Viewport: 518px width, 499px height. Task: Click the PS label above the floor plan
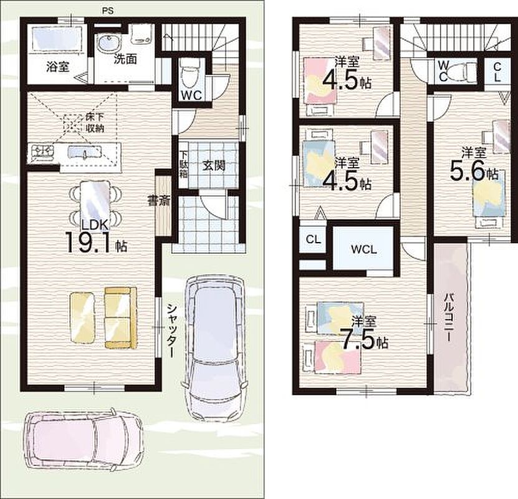pos(107,11)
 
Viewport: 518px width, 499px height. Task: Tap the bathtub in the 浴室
pos(57,39)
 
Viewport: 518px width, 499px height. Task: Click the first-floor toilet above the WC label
pos(189,73)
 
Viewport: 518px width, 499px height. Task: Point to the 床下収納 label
pos(95,122)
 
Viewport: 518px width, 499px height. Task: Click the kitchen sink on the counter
pos(84,152)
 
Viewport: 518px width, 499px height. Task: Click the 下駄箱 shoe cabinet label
pos(183,164)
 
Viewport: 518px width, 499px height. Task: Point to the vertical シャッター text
pos(171,331)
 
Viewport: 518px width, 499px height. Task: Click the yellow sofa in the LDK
pos(120,317)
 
